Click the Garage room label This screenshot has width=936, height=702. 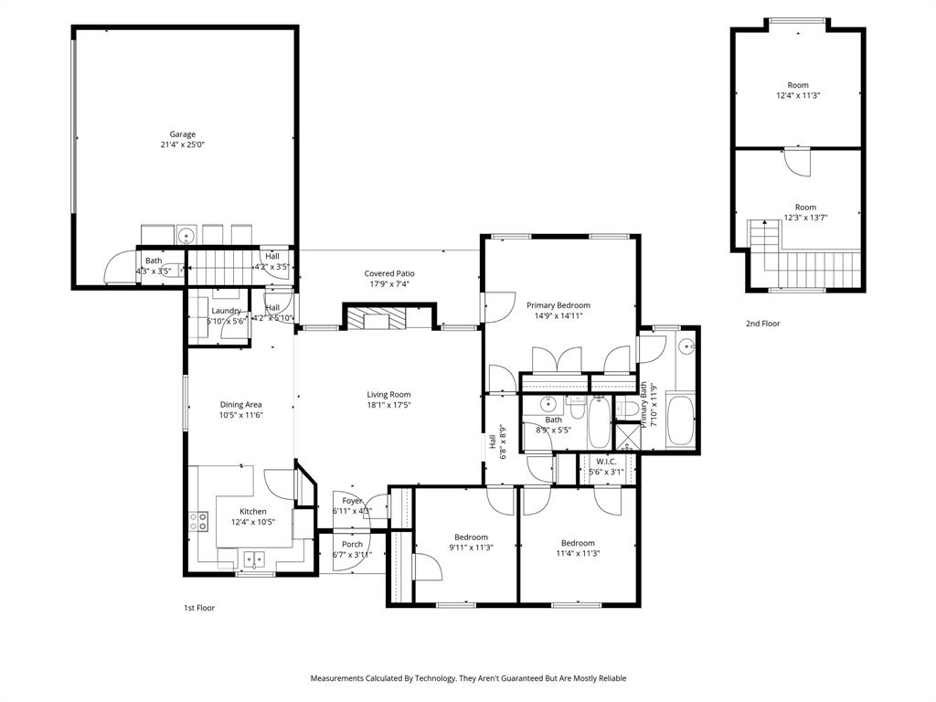pyautogui.click(x=182, y=134)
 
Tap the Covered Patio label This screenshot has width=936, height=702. pyautogui.click(x=389, y=273)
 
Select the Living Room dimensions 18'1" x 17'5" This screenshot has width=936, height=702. pyautogui.click(x=388, y=404)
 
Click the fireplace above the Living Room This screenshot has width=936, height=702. pyautogui.click(x=373, y=318)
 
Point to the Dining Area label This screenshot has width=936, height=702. pyautogui.click(x=241, y=404)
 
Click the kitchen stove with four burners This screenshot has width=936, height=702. pyautogui.click(x=197, y=522)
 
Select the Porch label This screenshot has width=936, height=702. pyautogui.click(x=352, y=544)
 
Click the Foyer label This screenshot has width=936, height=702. pyautogui.click(x=353, y=501)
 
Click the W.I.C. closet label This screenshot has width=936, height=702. pyautogui.click(x=606, y=462)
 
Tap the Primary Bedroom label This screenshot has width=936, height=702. pyautogui.click(x=558, y=305)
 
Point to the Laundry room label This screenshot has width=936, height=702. pyautogui.click(x=225, y=311)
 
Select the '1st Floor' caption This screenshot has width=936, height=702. pyautogui.click(x=199, y=607)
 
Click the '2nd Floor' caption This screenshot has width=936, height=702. pyautogui.click(x=763, y=324)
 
